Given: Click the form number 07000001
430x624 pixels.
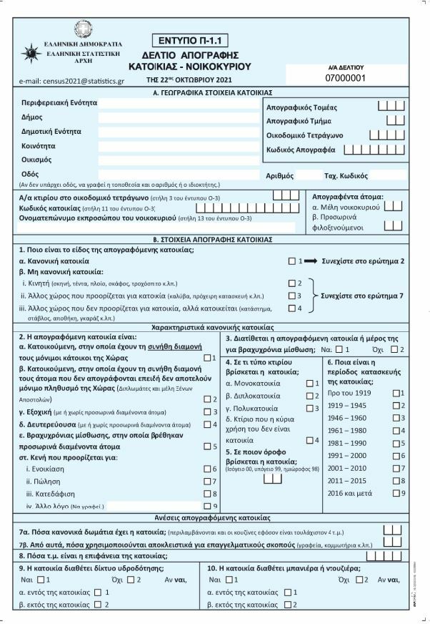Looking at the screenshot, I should click(345, 77).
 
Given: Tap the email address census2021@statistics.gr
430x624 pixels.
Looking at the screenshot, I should click(73, 81).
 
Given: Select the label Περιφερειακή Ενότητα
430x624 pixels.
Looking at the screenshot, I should click(59, 103).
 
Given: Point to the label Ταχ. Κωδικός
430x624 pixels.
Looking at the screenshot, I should click(346, 175).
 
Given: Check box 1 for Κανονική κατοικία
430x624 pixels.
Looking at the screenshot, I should click(291, 261).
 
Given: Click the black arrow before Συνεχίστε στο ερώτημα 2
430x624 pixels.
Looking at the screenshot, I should click(311, 261).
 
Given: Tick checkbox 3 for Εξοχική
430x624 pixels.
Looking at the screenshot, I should click(208, 411).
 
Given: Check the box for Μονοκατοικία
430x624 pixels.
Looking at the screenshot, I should click(309, 384).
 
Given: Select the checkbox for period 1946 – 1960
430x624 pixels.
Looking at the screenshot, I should click(396, 417).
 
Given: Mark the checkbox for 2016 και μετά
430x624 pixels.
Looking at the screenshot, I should click(396, 493).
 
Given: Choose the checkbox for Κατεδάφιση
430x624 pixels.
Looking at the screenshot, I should click(208, 493).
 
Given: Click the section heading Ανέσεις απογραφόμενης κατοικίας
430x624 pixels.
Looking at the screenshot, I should click(214, 517).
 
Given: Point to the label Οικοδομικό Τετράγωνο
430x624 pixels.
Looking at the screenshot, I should click(304, 135).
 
